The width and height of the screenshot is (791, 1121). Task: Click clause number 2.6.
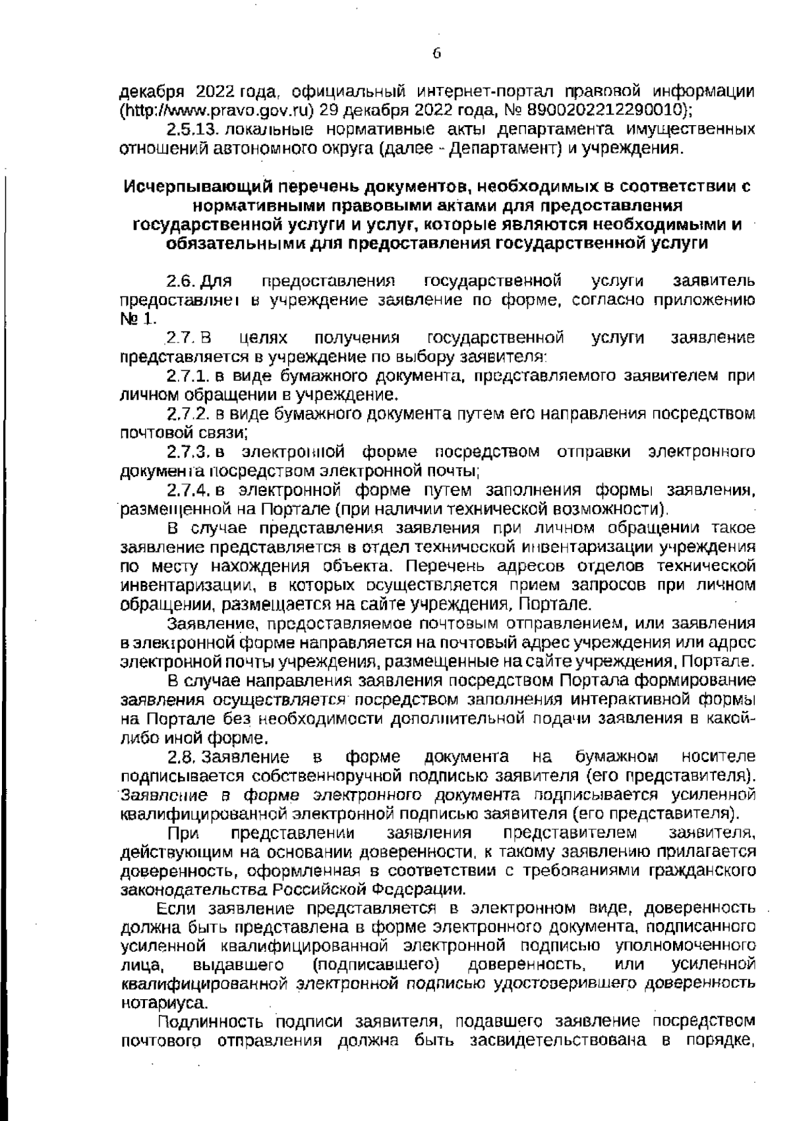[179, 282]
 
